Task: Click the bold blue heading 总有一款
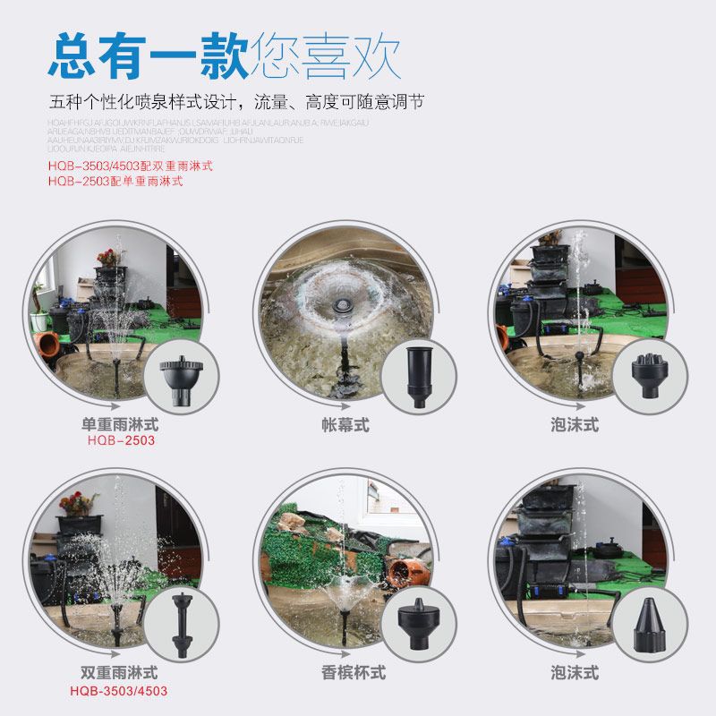click(x=149, y=55)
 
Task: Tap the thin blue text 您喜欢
click(x=326, y=55)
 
